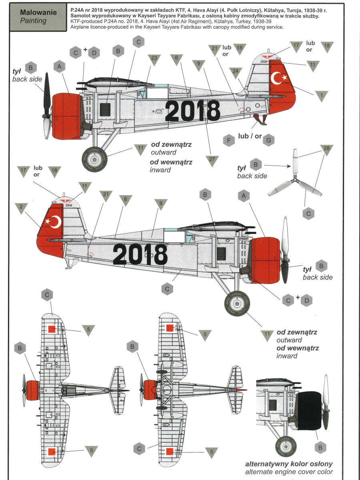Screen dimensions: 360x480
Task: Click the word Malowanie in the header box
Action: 38,12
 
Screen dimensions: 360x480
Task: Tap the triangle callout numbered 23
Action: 154,60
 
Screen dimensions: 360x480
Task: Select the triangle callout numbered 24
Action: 236,72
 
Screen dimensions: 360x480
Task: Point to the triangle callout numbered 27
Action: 212,161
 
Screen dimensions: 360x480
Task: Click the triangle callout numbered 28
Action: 326,150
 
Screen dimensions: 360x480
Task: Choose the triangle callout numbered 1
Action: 321,96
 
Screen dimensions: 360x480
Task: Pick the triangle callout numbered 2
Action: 21,208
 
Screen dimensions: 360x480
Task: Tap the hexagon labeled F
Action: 229,140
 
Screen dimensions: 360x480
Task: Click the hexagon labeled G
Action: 269,140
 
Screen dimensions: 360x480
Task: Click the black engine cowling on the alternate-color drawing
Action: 309,410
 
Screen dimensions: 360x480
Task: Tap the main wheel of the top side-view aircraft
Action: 94,159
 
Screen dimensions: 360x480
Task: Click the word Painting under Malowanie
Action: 33,21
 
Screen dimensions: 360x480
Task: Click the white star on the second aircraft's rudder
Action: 48,221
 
